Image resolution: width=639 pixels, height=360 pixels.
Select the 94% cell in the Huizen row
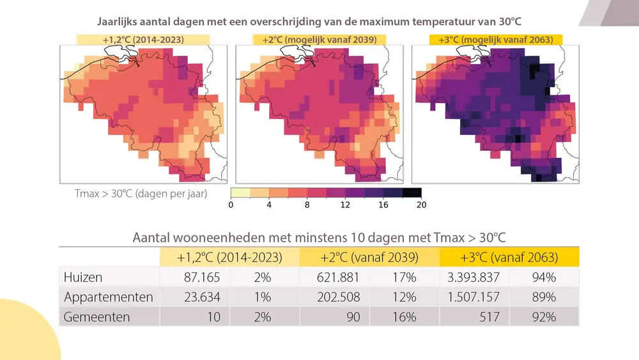click(x=543, y=278)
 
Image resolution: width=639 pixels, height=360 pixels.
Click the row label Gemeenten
click(x=97, y=317)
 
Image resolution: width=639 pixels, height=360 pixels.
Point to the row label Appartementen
click(x=109, y=297)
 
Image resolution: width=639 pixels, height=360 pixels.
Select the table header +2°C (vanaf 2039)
click(x=369, y=258)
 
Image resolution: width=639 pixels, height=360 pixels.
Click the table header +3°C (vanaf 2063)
click(x=509, y=258)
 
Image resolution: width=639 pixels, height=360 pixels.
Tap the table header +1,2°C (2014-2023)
click(x=229, y=258)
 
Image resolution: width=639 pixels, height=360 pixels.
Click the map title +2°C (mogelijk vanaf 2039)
click(x=319, y=40)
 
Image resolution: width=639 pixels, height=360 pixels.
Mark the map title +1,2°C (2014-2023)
click(x=144, y=40)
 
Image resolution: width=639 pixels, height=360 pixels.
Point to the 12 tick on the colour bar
click(x=345, y=205)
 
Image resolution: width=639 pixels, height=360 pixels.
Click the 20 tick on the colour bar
click(x=421, y=205)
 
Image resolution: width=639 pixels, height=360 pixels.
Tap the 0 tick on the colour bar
click(x=230, y=205)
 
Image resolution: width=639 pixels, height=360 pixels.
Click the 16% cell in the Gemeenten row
click(x=405, y=317)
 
